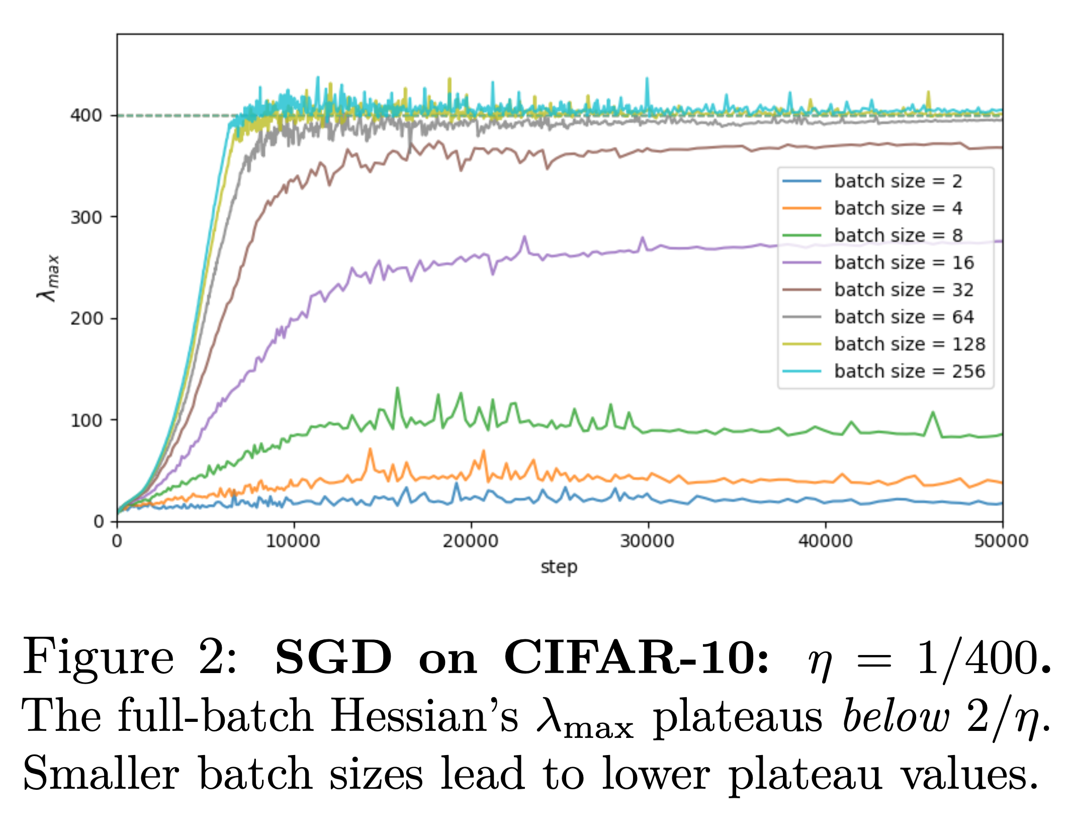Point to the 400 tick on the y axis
click(86, 116)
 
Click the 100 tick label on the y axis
click(86, 421)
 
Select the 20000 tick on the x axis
click(471, 541)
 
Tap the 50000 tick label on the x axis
click(1001, 541)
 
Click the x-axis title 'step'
click(559, 567)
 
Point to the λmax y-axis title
click(49, 278)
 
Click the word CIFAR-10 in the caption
click(636, 658)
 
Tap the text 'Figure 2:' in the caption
click(130, 658)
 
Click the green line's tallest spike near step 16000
click(397, 388)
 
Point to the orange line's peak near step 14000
click(370, 449)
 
